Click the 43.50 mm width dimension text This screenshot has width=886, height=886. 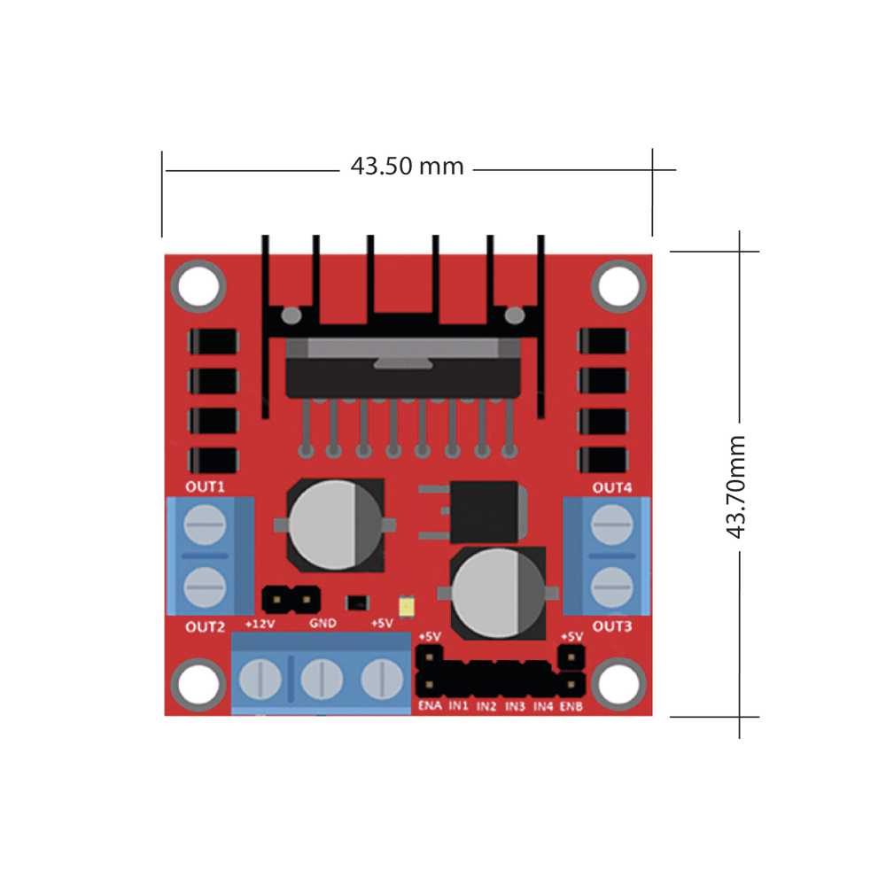[407, 167]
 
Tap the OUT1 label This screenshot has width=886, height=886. [206, 487]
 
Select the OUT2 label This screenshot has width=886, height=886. [206, 626]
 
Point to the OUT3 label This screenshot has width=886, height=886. [612, 626]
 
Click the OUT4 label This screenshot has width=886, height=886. [612, 487]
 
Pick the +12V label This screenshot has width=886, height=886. [260, 624]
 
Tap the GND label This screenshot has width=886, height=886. [323, 624]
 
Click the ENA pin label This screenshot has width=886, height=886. [429, 706]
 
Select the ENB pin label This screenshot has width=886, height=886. [571, 706]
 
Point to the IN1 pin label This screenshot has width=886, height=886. [458, 706]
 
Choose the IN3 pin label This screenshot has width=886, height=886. [515, 706]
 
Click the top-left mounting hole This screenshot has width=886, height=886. [197, 286]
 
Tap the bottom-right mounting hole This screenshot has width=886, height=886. [617, 684]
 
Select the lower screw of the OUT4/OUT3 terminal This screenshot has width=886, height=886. [612, 585]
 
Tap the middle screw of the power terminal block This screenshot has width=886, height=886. [322, 680]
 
